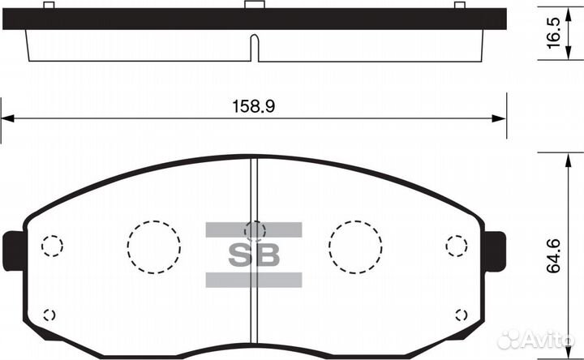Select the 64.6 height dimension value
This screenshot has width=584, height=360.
click(x=555, y=255)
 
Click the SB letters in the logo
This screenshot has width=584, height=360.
click(x=254, y=255)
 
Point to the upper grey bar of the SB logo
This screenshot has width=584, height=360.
click(x=254, y=229)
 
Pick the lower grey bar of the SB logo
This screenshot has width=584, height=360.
click(x=254, y=280)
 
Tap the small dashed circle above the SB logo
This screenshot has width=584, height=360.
click(x=255, y=230)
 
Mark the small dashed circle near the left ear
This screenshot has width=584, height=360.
click(x=52, y=245)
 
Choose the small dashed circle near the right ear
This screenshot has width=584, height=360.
click(x=457, y=245)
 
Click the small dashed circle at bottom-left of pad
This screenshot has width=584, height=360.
click(x=49, y=315)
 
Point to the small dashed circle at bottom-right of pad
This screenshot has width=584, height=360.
click(x=462, y=315)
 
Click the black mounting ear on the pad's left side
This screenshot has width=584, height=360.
click(x=14, y=251)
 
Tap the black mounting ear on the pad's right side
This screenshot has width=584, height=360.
click(x=495, y=251)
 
